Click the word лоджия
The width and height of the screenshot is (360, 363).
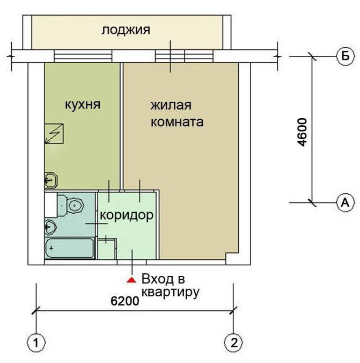point(126,30)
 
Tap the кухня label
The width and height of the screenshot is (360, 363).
point(83,105)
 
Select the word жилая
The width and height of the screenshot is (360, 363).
point(171,105)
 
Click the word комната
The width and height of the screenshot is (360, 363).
point(177,122)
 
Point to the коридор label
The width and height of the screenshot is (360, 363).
point(127,215)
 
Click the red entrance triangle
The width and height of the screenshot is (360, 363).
point(131,280)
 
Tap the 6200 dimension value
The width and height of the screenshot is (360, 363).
point(125,301)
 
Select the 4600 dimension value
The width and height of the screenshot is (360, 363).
point(302,132)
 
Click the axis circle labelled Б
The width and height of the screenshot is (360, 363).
point(345,56)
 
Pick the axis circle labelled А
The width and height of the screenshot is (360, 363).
point(345,203)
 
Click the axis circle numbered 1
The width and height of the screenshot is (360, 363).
point(36,343)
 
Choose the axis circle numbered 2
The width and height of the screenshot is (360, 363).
point(234,342)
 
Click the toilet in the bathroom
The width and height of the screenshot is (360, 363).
point(71,206)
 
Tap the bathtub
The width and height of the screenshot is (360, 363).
point(70,248)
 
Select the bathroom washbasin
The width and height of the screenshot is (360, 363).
point(50,227)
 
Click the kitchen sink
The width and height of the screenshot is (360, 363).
point(50,180)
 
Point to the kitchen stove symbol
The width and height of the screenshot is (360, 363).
point(54,134)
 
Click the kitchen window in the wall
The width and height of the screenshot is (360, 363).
point(83,56)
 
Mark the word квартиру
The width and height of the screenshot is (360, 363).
point(170,293)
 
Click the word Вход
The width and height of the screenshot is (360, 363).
point(158,279)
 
